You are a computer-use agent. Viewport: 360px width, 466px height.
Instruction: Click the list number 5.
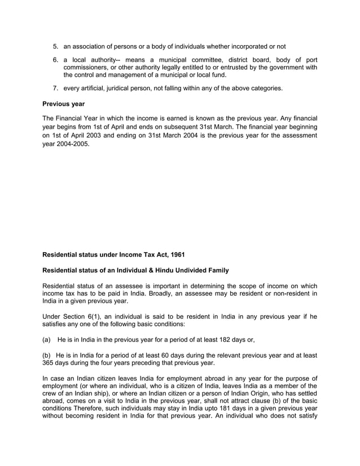tap(55, 46)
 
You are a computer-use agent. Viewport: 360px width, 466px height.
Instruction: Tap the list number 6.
tap(55, 60)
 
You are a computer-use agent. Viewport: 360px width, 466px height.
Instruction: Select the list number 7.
tap(55, 88)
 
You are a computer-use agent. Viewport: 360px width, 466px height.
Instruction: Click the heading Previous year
tap(64, 103)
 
